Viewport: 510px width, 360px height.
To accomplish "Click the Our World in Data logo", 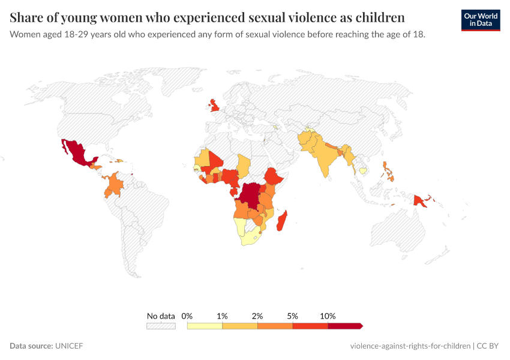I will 481,20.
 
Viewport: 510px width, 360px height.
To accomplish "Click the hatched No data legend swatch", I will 161,326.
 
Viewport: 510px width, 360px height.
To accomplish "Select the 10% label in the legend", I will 328,316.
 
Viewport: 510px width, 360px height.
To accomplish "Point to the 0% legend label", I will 187,316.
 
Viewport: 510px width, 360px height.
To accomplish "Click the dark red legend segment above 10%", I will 344,326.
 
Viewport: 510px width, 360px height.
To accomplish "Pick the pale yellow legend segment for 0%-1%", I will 205,326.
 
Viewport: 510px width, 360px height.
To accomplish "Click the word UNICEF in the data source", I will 69,346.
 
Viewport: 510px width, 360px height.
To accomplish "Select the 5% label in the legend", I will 293,316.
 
